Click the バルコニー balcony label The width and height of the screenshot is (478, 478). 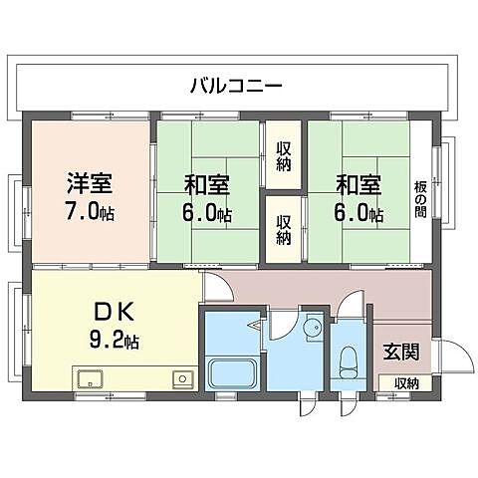pyautogui.click(x=236, y=86)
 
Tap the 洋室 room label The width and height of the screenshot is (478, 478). pyautogui.click(x=89, y=184)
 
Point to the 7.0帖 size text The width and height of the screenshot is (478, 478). pyautogui.click(x=89, y=211)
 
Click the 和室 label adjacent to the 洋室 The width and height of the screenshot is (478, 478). pyautogui.click(x=205, y=184)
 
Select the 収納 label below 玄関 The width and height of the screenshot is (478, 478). pyautogui.click(x=405, y=382)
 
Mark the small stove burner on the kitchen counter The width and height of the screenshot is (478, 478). pyautogui.click(x=181, y=378)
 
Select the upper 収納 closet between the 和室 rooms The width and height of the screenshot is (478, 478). pyautogui.click(x=284, y=152)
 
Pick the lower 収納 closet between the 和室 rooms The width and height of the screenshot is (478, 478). pyautogui.click(x=284, y=230)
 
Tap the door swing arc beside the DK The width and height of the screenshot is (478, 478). pyautogui.click(x=217, y=289)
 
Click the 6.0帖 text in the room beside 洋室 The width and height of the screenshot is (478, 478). pyautogui.click(x=207, y=213)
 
